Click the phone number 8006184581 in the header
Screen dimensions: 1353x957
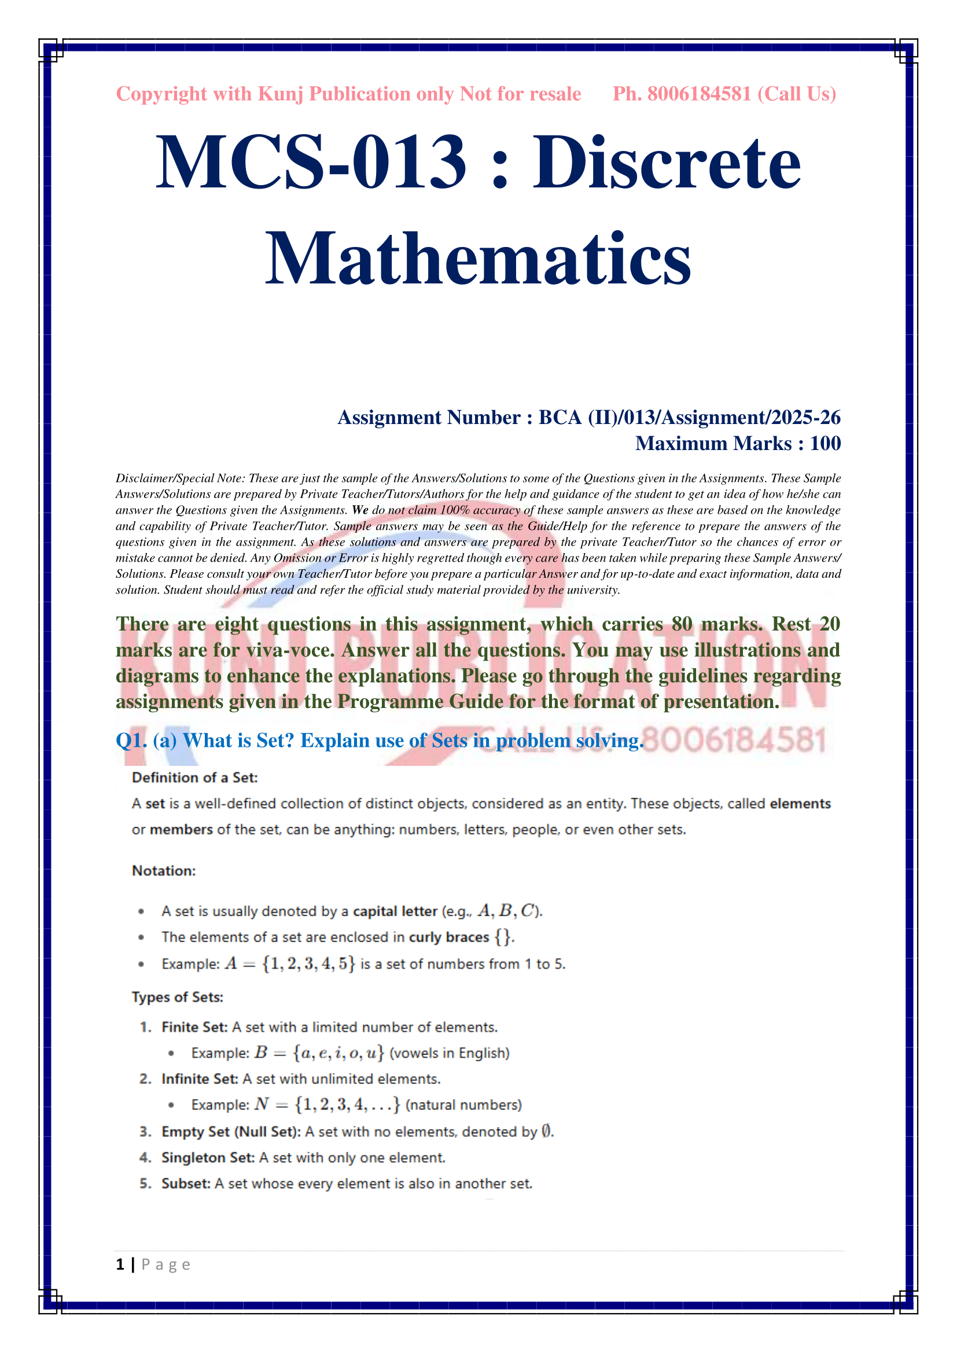click(699, 94)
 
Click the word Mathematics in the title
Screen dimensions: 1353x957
click(478, 259)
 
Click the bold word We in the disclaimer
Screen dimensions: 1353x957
click(360, 510)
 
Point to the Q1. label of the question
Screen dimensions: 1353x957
click(131, 741)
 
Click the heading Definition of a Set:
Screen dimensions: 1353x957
click(195, 778)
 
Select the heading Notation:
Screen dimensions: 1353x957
click(164, 871)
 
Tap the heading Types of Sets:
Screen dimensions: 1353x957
click(178, 997)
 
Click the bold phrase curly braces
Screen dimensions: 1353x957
click(449, 938)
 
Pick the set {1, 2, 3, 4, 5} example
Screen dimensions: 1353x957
click(309, 964)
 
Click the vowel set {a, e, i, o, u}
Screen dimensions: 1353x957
click(338, 1053)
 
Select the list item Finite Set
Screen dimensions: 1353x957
click(194, 1027)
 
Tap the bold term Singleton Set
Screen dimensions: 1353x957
click(208, 1158)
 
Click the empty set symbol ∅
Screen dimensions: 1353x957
click(546, 1131)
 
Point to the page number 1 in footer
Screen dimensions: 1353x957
click(120, 1265)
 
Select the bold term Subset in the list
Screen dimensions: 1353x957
click(185, 1184)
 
